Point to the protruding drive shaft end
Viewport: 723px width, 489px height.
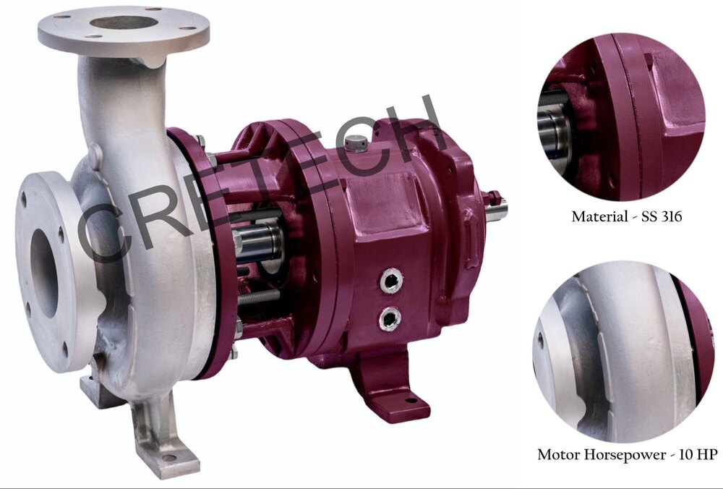[497, 210]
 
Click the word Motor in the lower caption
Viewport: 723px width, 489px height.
[558, 455]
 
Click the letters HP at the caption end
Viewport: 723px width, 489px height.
[709, 455]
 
